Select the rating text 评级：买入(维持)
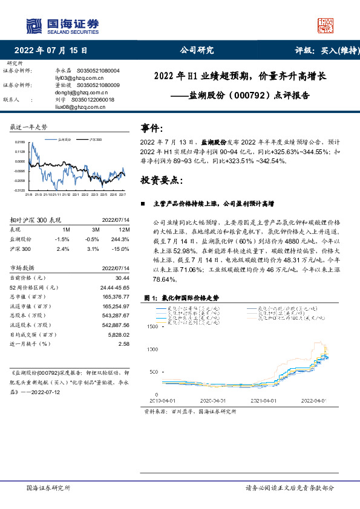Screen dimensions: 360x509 point(322,51)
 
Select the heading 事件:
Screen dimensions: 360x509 point(151,128)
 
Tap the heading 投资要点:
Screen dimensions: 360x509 point(160,180)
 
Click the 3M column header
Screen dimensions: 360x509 point(95,230)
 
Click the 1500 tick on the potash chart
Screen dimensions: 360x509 point(153,326)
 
